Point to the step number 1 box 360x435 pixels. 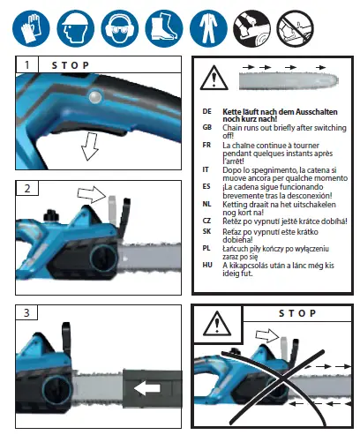[27, 65]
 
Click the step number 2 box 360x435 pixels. [27, 188]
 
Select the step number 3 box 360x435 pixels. [27, 312]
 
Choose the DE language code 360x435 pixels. [206, 113]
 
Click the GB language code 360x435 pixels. [206, 129]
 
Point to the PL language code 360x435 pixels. [206, 250]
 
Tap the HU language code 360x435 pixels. [206, 265]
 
